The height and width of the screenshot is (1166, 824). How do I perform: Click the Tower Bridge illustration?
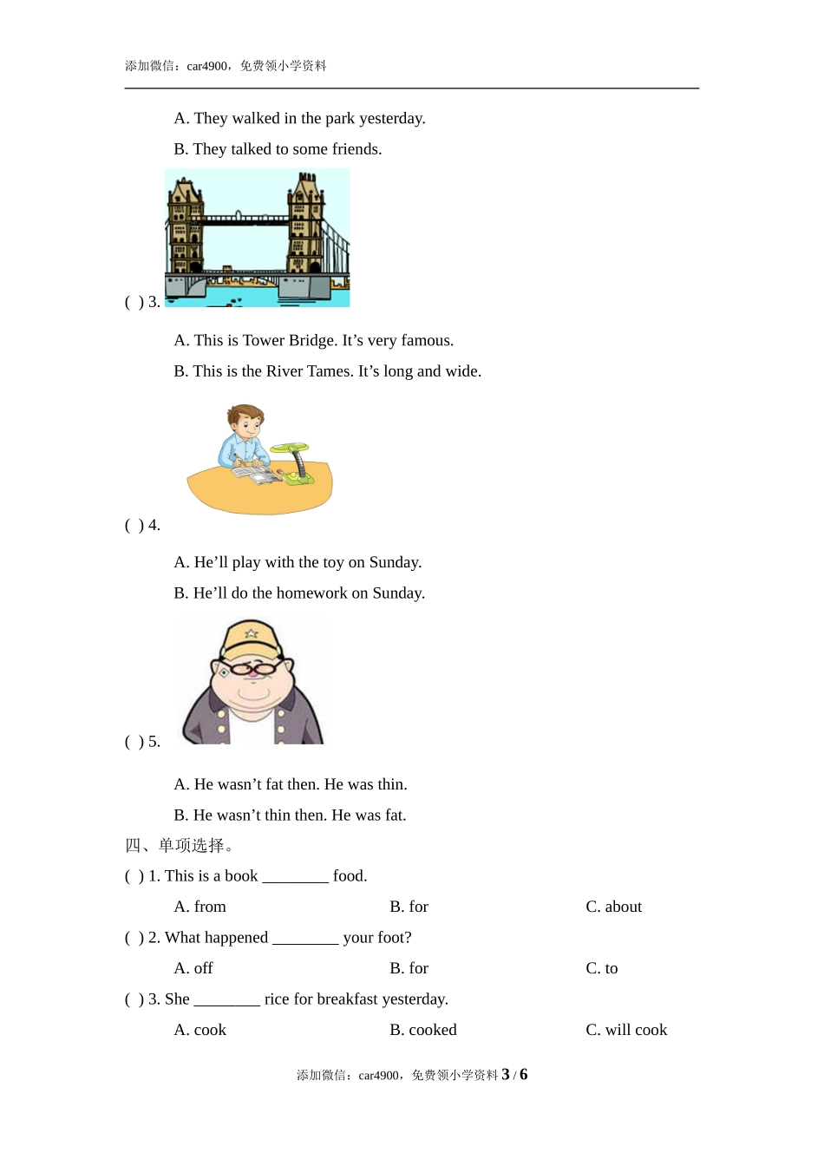click(x=258, y=238)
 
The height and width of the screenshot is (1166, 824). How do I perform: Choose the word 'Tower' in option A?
click(x=264, y=340)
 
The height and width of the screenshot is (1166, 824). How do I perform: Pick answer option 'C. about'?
click(x=613, y=907)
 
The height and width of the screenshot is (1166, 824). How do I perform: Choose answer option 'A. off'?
click(x=193, y=968)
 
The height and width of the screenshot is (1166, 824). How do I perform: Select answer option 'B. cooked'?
click(x=422, y=1030)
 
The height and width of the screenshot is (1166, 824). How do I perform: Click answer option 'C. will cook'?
click(x=626, y=1030)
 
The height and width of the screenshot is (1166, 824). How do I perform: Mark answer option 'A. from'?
click(x=199, y=907)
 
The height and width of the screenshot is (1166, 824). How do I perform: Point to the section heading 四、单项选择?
click(x=178, y=845)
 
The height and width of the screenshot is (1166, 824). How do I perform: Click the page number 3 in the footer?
click(x=506, y=1075)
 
